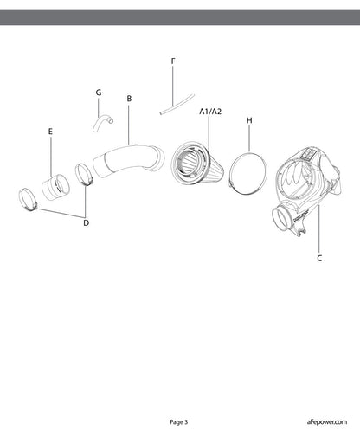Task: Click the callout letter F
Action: pos(173,61)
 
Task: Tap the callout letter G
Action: pos(99,93)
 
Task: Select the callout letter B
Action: pos(129,99)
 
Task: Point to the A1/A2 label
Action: pos(210,112)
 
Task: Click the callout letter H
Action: pos(249,120)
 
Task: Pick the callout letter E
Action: pos(50,132)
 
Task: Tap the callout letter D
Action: pos(86,222)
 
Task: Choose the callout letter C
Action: pos(319,258)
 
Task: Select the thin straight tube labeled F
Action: pos(177,104)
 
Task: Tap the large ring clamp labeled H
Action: pos(247,174)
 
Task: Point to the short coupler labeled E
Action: pos(55,187)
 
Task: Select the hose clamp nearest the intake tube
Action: pos(84,174)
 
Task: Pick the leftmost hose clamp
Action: pos(28,199)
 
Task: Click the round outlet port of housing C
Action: pos(282,219)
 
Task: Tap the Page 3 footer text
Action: pos(179,422)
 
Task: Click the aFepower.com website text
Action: pos(327,422)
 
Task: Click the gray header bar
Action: pos(180,17)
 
